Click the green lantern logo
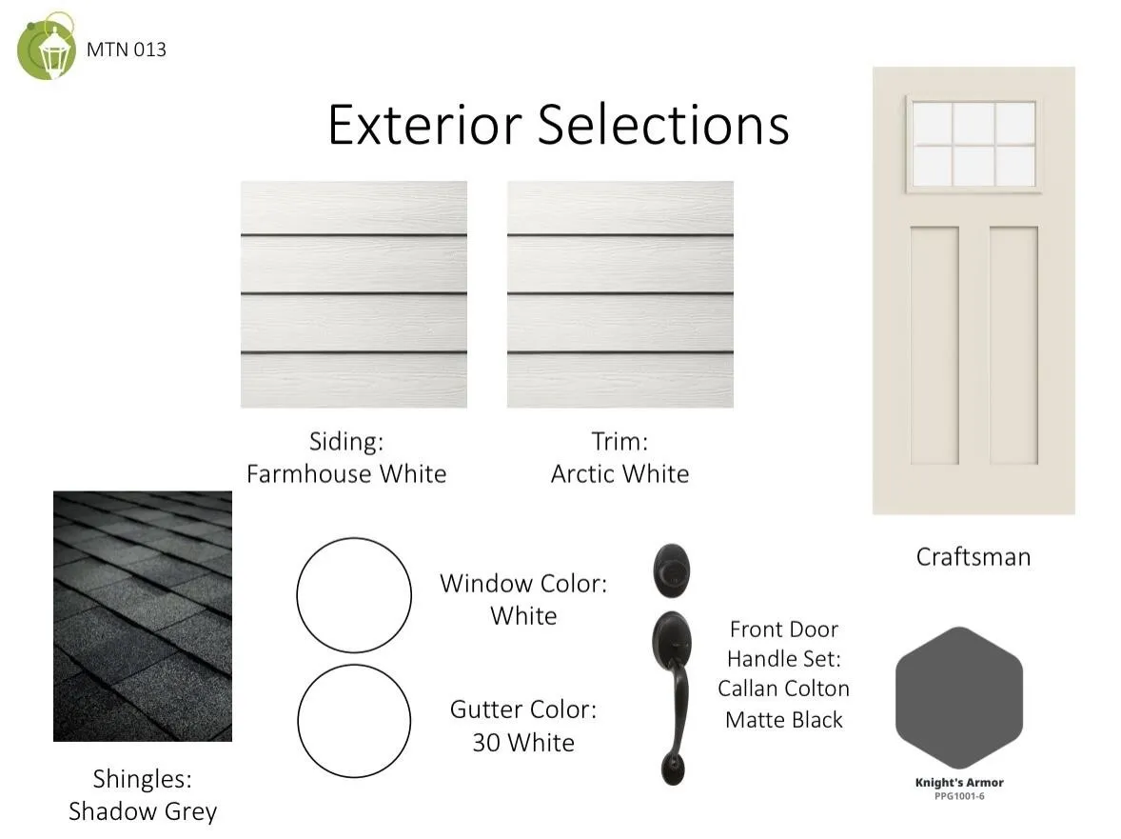tap(47, 47)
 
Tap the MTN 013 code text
tap(127, 50)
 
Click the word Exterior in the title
tap(425, 125)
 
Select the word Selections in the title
tap(663, 125)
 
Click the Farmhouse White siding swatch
tap(354, 294)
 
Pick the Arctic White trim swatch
tap(620, 294)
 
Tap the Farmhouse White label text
tap(346, 473)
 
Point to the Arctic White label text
tap(619, 473)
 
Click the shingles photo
tap(143, 616)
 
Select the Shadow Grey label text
tap(143, 811)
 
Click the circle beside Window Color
tap(354, 538)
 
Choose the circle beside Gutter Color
tap(354, 665)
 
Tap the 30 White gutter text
tap(523, 743)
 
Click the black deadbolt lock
tap(671, 570)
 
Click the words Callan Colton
tap(783, 689)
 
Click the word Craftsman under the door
tap(973, 557)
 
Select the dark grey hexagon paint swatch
tap(959, 697)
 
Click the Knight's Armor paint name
tap(959, 783)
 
